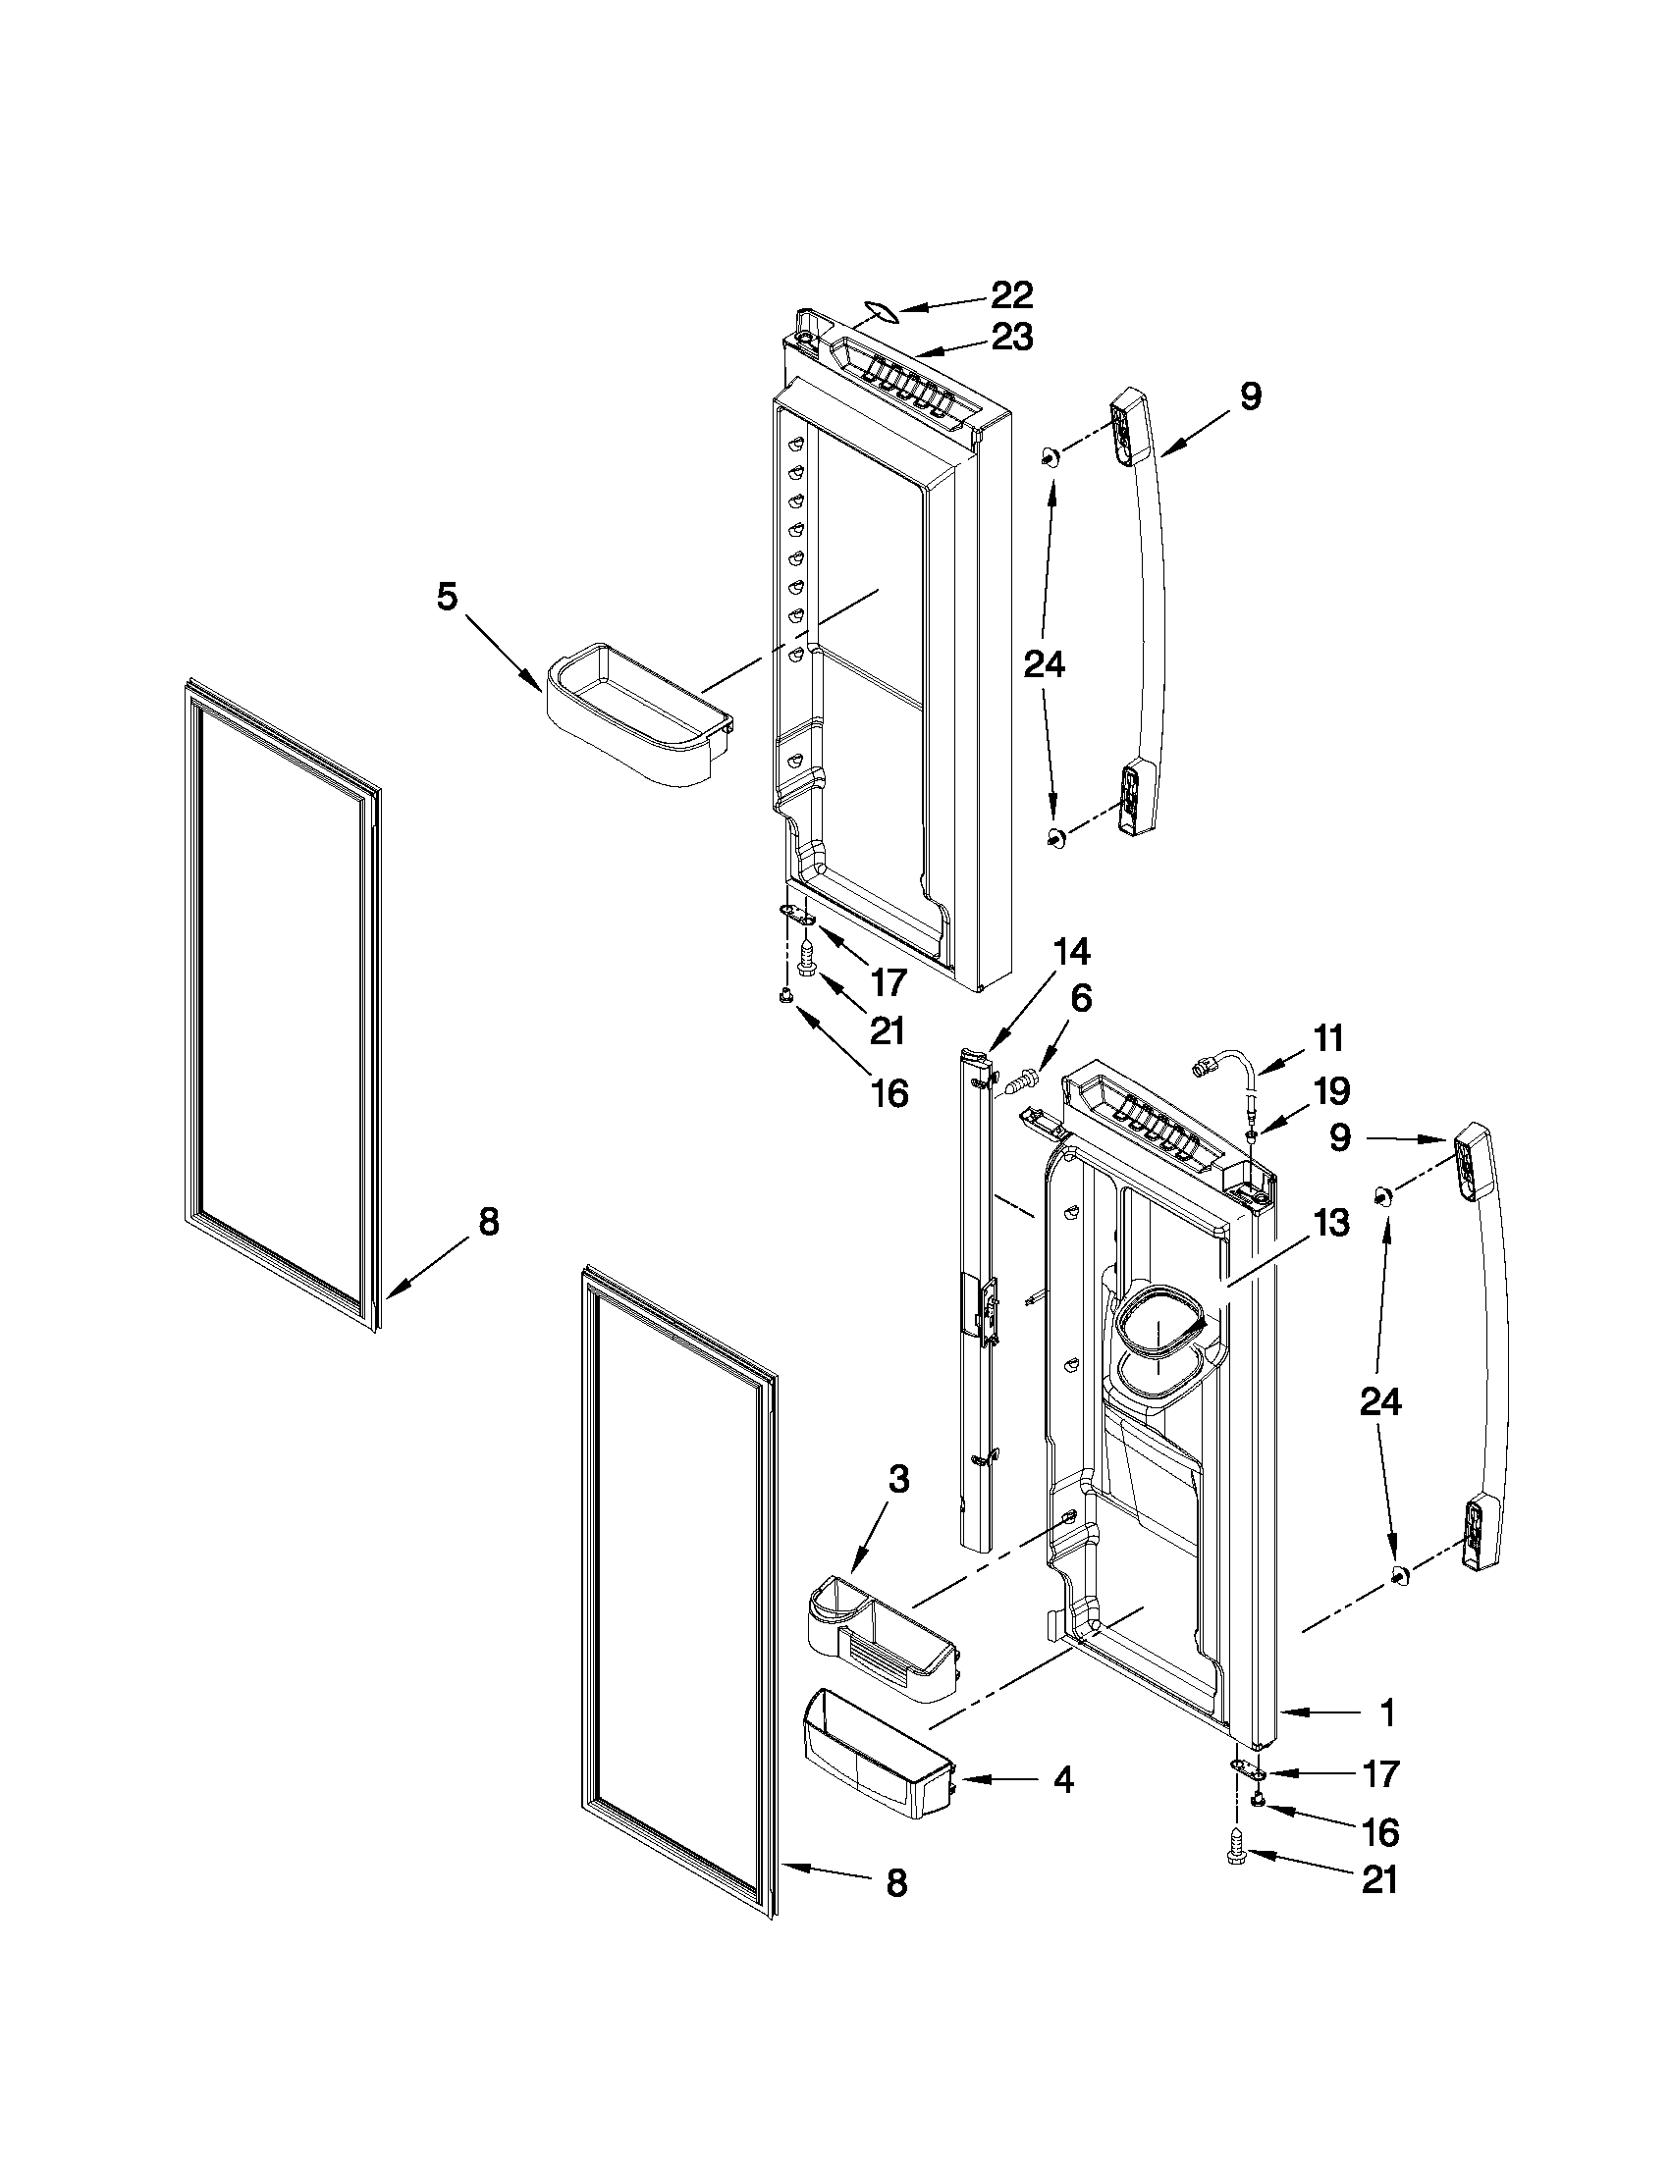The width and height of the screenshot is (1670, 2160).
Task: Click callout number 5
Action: [447, 598]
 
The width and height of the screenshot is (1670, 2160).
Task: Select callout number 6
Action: [1081, 999]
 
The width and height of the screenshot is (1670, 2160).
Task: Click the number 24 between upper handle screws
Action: [1044, 664]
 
